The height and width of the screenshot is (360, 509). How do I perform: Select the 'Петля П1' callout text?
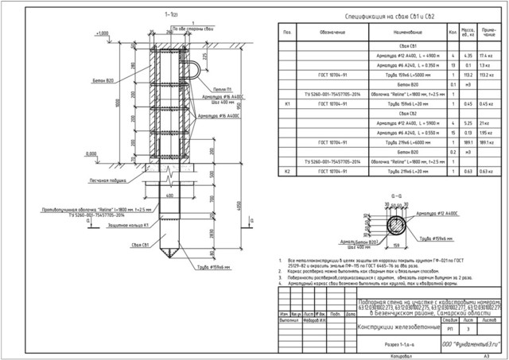224,91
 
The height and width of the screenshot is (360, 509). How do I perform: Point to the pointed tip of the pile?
169,256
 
